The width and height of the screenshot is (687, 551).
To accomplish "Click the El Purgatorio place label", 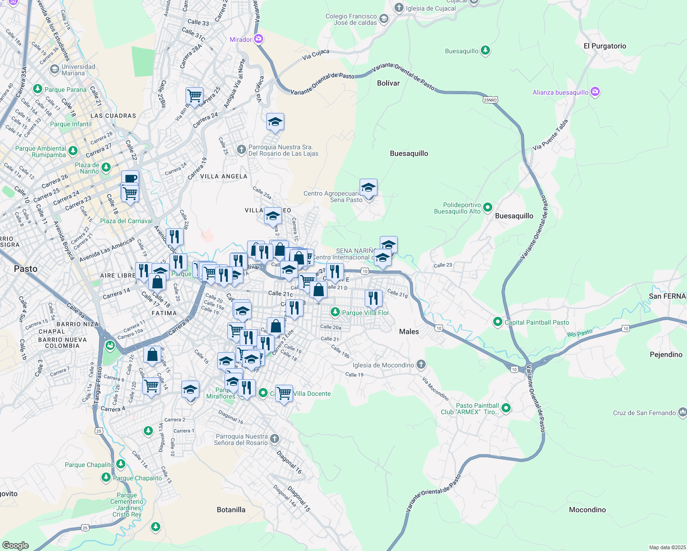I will [604, 46].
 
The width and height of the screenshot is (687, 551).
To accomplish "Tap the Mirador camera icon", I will [259, 39].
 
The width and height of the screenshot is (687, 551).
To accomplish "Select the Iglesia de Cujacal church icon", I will [399, 8].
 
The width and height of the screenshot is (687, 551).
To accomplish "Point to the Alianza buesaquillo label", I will [560, 92].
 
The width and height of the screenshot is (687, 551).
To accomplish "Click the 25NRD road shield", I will [490, 100].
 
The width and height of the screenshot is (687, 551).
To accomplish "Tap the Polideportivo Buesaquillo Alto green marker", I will [488, 208].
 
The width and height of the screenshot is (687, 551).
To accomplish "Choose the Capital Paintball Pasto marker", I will [497, 322].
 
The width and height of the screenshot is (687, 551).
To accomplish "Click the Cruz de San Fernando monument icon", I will [682, 412].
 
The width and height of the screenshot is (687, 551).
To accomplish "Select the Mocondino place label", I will [587, 510].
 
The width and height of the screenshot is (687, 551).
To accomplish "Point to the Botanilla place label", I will [231, 510].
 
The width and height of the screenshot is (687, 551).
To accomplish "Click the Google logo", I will [15, 545].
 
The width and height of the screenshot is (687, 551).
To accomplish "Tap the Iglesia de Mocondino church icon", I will [421, 365].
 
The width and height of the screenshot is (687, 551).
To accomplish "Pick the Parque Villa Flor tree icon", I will [335, 312].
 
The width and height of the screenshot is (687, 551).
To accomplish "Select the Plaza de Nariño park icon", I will [106, 168].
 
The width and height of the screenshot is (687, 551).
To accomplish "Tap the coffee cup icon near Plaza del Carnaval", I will [130, 178].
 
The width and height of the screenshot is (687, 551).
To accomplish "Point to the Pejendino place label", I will [666, 354].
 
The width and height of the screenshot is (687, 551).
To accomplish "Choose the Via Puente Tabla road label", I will [550, 135].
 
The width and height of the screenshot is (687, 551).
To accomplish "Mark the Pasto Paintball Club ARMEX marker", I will [506, 408].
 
